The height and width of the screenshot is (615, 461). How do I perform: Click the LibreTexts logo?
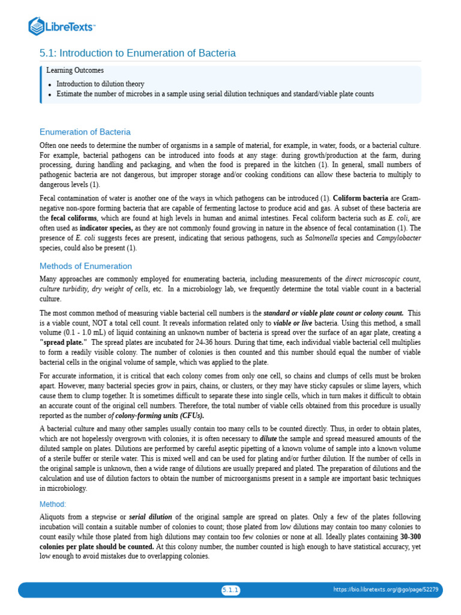tap(62, 26)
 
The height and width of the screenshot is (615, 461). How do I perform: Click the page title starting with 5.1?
tap(137, 53)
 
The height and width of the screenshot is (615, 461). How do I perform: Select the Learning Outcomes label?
tap(75, 71)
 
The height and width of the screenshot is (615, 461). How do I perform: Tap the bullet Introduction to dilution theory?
tap(100, 84)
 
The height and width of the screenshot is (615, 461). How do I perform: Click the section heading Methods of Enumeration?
tap(86, 266)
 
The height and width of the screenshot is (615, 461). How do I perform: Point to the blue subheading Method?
tap(53, 504)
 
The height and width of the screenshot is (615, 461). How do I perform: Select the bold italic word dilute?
tap(268, 438)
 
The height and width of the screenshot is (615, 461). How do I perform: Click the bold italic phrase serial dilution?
tap(150, 517)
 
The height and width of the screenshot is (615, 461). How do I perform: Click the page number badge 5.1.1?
tap(230, 590)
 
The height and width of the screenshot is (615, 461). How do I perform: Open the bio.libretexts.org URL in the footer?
tap(385, 590)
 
